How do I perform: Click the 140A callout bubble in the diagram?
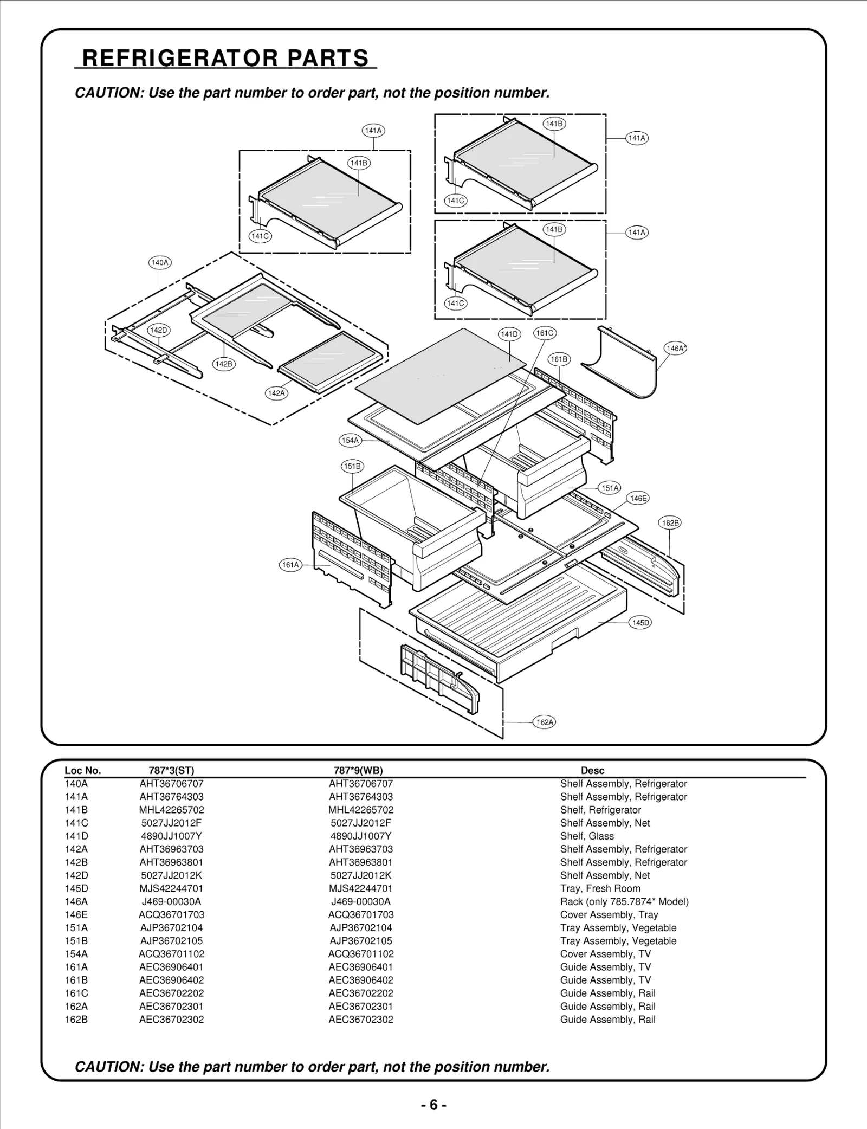tap(160, 263)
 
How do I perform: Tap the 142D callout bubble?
tap(158, 330)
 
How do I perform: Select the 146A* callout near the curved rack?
tap(675, 349)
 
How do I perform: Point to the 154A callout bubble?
tap(350, 441)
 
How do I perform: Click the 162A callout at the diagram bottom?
tap(545, 722)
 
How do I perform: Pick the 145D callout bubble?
tap(640, 623)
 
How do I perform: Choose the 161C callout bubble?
tap(545, 333)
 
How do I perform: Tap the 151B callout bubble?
tap(352, 466)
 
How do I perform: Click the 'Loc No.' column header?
tap(82, 771)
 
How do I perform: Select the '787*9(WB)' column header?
tap(358, 771)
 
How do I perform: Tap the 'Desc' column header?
tap(592, 771)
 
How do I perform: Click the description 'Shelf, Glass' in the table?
tap(587, 836)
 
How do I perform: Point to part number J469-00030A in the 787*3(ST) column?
tap(171, 901)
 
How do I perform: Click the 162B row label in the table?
tap(76, 1020)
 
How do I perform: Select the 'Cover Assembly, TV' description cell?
tap(605, 954)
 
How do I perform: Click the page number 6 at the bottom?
tap(433, 1105)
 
